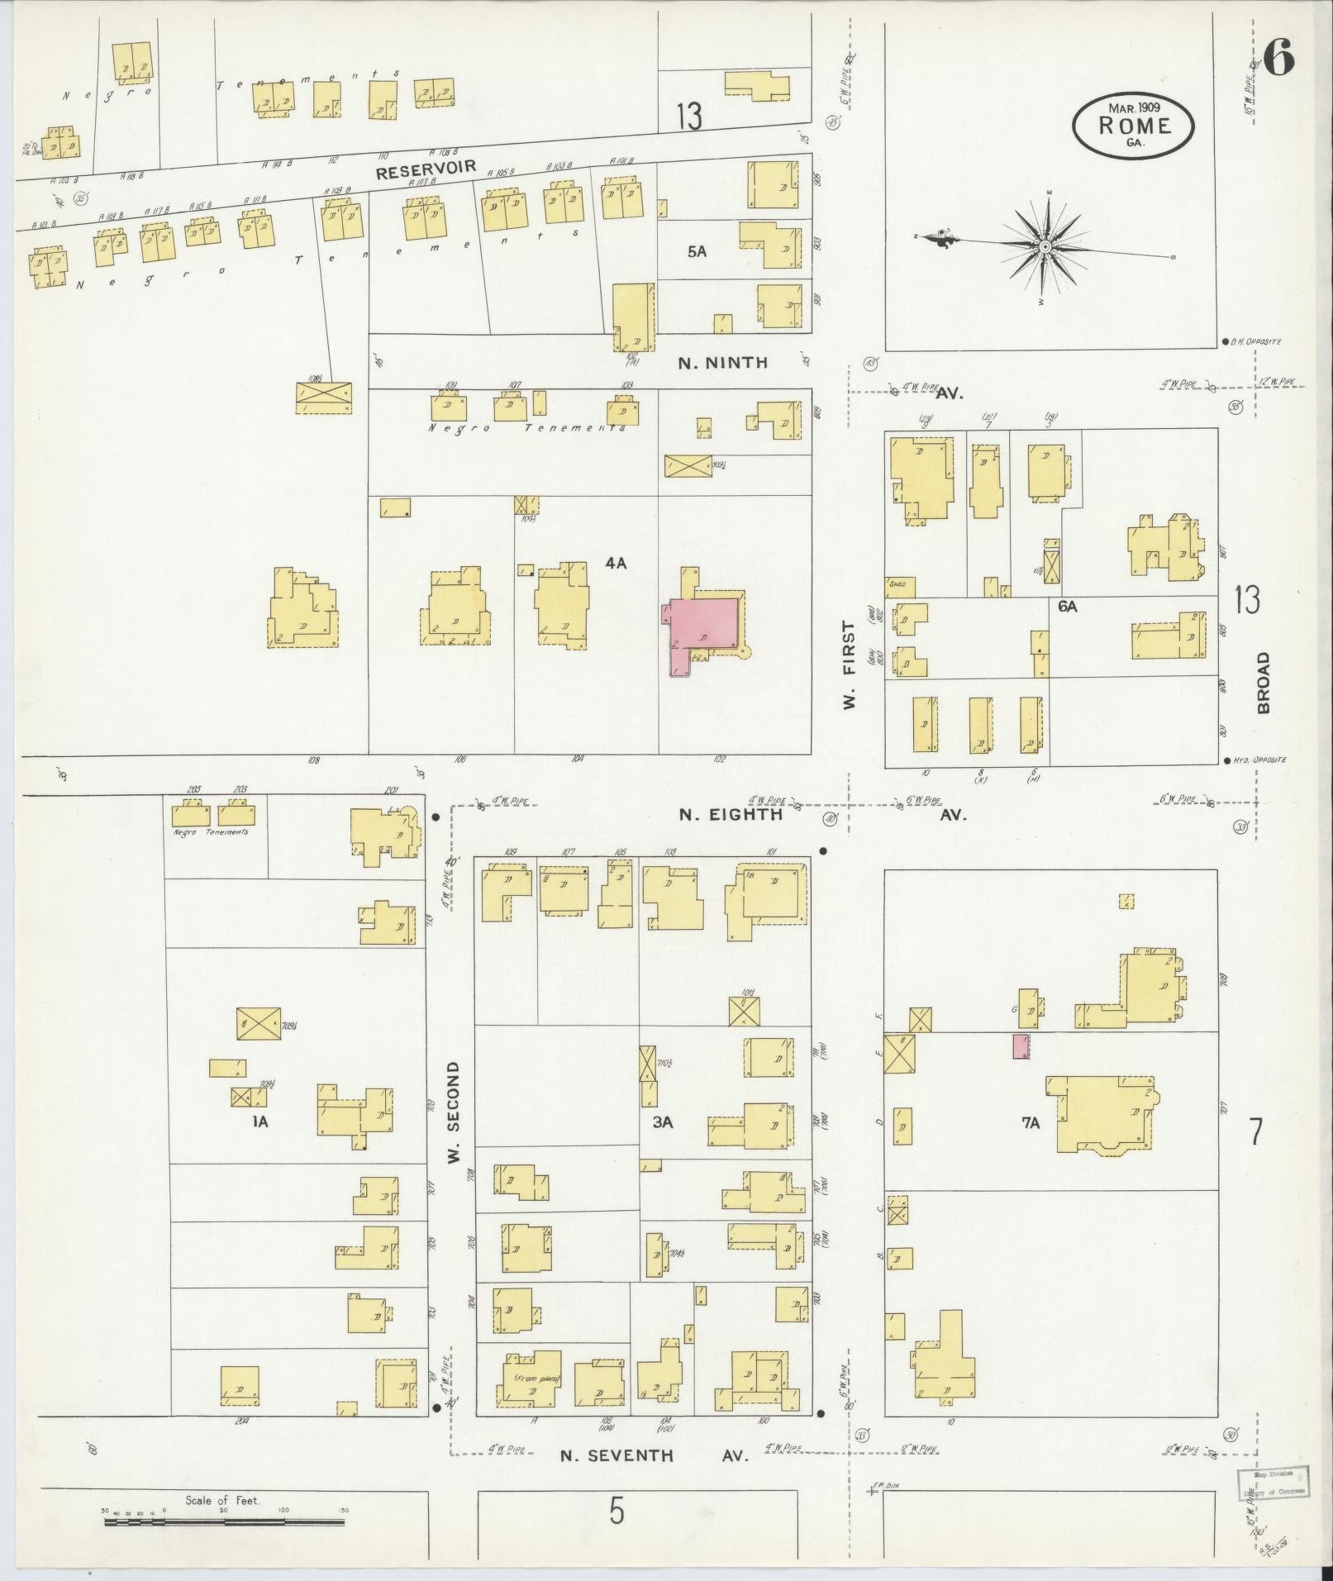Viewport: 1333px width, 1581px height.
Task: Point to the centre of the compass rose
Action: point(1045,246)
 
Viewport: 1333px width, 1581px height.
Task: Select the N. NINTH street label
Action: point(723,362)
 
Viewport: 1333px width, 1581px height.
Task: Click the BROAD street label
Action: point(1263,683)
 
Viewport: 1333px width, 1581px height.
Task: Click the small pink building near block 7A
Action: point(1021,1045)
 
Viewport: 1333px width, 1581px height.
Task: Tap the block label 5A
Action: point(697,252)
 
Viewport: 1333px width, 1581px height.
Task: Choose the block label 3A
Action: point(663,1121)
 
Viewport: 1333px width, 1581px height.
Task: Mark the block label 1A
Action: point(261,1121)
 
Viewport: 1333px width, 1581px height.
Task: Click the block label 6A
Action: point(1068,606)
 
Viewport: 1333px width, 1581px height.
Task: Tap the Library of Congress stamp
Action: point(1273,1483)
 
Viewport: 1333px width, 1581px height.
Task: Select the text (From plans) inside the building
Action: point(537,1379)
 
